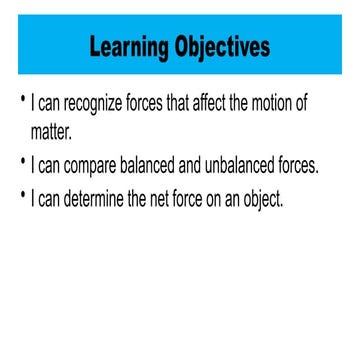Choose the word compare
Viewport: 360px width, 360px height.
103,166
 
